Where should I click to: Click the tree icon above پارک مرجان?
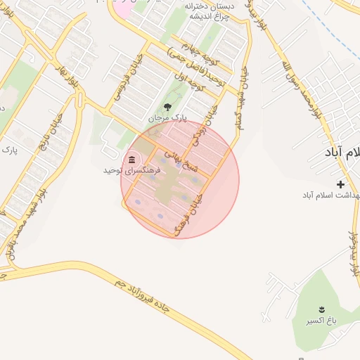[x=167, y=106]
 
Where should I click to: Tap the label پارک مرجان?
[x=167, y=117]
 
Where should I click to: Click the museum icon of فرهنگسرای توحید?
[x=132, y=159]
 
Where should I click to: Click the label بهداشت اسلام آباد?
[x=331, y=194]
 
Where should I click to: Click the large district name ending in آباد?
[x=344, y=152]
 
